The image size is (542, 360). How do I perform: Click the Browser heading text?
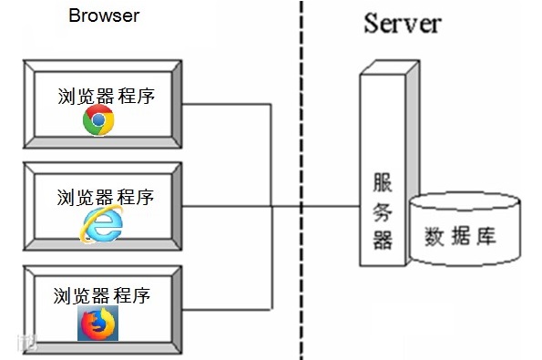[104, 15]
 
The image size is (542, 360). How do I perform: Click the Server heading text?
[403, 23]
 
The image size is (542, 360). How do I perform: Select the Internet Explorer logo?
[101, 224]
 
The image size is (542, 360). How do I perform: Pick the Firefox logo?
[97, 323]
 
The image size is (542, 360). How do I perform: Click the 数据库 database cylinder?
[465, 239]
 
